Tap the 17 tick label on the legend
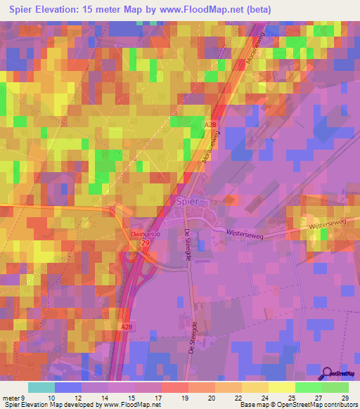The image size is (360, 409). pyautogui.click(x=161, y=397)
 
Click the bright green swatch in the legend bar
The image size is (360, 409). pyautogui.click(x=308, y=387)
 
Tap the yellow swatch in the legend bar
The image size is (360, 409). pyautogui.click(x=282, y=387)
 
